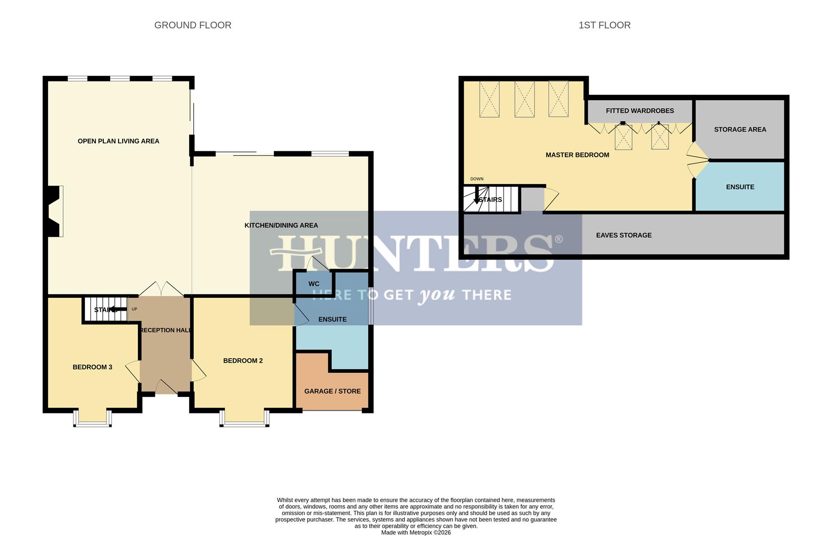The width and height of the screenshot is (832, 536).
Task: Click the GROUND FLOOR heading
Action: point(193,25)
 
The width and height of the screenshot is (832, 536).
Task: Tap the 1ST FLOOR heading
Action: point(604,25)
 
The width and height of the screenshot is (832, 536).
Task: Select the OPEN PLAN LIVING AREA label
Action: point(118,141)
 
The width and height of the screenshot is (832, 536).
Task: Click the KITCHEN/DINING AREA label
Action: point(281,225)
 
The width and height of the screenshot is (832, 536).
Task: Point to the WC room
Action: point(314,284)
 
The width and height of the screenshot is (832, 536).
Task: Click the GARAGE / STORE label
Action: point(332,391)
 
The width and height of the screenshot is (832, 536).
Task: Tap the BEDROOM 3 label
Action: point(92,367)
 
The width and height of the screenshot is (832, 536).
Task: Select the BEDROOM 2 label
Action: point(243,361)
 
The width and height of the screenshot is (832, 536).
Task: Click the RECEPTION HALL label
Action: point(165,330)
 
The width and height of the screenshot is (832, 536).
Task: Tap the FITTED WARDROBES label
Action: point(639,111)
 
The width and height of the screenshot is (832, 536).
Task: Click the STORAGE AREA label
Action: point(740,130)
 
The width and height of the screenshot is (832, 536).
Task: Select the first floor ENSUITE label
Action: point(740,187)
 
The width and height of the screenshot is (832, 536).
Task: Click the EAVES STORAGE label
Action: point(624,235)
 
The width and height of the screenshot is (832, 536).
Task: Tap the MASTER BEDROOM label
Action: point(577,155)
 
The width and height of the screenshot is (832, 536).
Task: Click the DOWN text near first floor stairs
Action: point(477,179)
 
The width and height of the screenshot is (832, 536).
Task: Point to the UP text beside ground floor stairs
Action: point(134,309)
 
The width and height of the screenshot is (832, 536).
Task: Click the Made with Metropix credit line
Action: point(416,533)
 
